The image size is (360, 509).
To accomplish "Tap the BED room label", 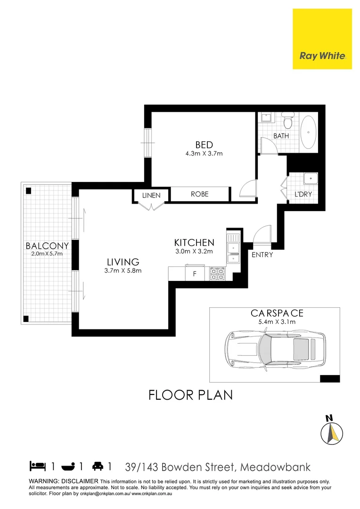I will click(x=204, y=145).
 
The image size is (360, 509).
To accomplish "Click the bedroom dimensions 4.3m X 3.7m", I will click(x=204, y=154).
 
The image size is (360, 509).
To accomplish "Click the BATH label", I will click(x=281, y=136).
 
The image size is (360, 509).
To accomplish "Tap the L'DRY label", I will click(x=303, y=194).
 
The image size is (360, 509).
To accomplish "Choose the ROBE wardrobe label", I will click(x=199, y=194).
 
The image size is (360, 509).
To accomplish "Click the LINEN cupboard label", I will click(x=151, y=195).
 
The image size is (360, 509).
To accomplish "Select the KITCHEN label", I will click(x=194, y=243).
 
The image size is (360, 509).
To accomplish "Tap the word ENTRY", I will click(x=262, y=255).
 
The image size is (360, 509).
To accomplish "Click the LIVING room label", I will click(x=123, y=262).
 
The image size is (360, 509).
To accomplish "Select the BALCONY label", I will click(x=47, y=246).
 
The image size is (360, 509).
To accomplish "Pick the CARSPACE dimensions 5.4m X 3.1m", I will click(x=277, y=322).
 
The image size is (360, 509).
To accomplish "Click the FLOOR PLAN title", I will click(x=190, y=394).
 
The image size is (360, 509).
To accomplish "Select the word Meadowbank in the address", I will click(x=275, y=467).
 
